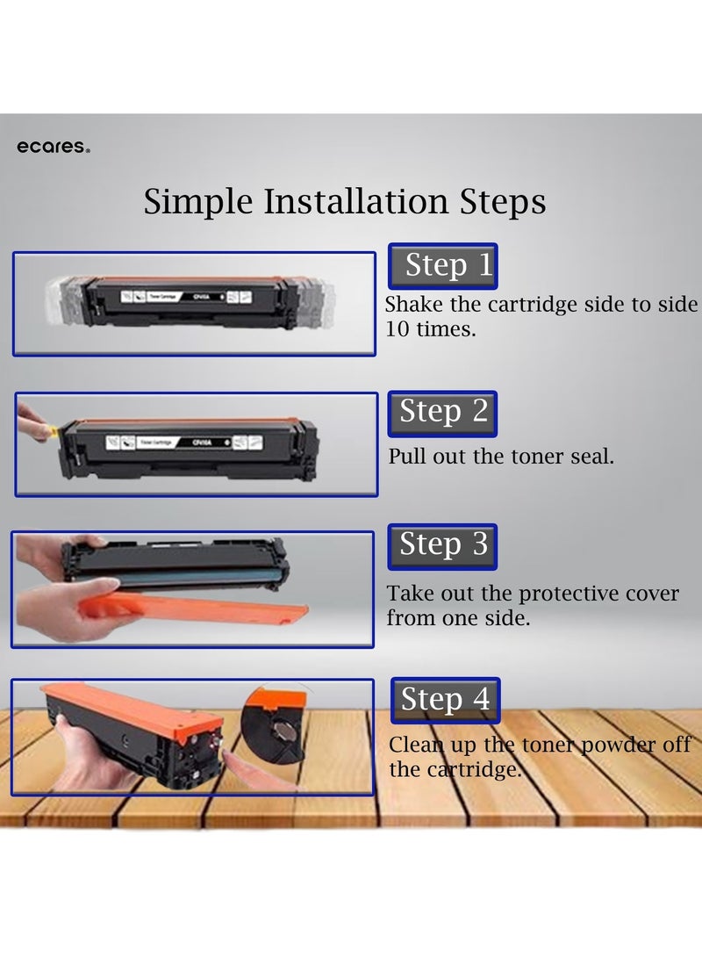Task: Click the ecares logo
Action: tap(53, 148)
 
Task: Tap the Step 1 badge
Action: tap(443, 266)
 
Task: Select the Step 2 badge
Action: tap(443, 413)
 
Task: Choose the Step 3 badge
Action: tap(443, 545)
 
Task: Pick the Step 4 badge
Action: tap(445, 700)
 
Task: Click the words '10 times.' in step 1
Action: tap(431, 329)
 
